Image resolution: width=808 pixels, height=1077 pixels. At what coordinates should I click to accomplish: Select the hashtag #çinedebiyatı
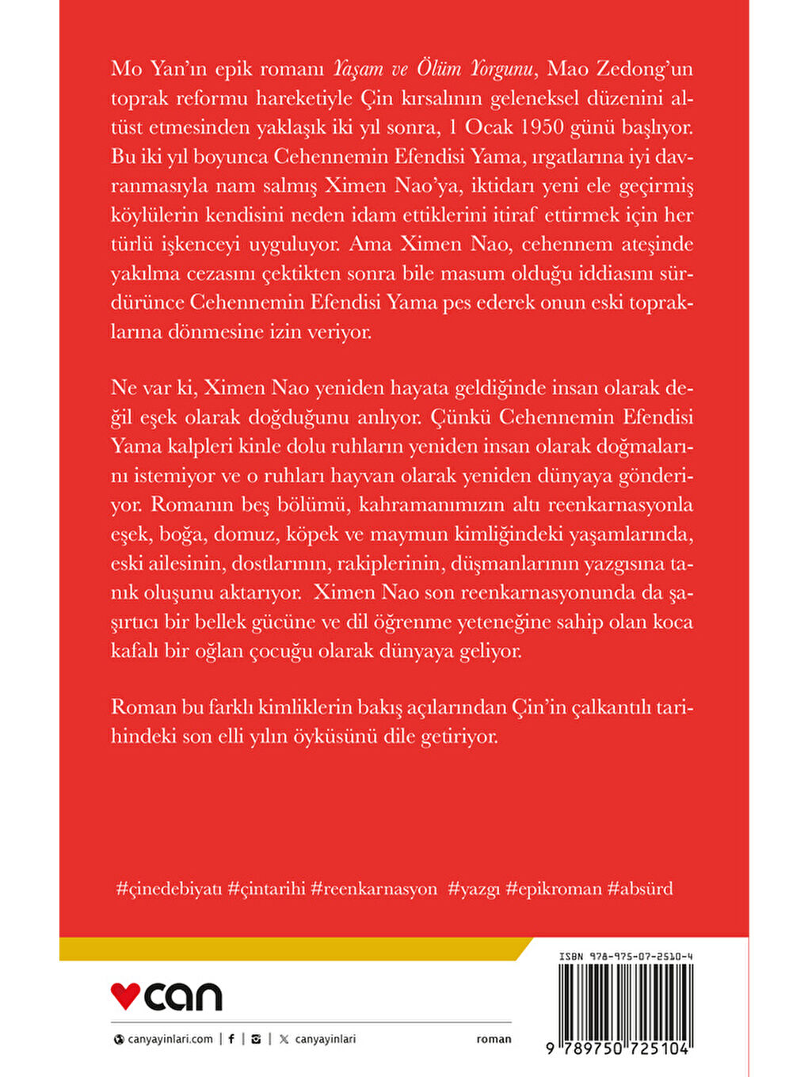(170, 889)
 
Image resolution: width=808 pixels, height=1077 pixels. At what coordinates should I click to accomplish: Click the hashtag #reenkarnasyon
(374, 889)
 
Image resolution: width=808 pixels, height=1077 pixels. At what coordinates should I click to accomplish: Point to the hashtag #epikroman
(554, 889)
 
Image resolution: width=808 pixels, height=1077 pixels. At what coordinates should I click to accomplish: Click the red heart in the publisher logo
(125, 995)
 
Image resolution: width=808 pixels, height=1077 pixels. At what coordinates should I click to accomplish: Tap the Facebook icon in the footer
(231, 1039)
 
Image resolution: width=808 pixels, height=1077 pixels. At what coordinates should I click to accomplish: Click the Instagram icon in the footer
(255, 1039)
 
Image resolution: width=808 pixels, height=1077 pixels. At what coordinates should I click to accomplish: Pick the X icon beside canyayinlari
(284, 1039)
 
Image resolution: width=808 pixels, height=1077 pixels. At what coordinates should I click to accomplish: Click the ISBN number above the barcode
(626, 957)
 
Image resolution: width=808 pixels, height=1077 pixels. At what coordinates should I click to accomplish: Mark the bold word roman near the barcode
(494, 1039)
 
